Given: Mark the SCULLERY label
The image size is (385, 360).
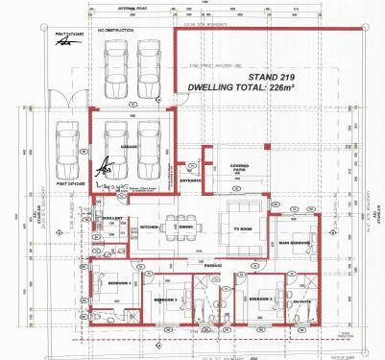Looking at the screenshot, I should pyautogui.click(x=112, y=218).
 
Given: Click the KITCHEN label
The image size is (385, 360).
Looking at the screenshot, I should pyautogui.click(x=149, y=227).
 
